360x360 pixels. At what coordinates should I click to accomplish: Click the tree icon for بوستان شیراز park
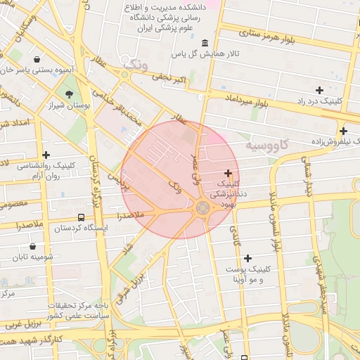pos(69,94)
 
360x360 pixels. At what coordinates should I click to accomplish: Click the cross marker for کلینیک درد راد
pos(319,89)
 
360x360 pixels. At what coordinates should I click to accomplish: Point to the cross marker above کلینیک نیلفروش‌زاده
pos(343,131)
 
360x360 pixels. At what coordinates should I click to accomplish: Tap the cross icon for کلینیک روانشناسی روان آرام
pos(46,155)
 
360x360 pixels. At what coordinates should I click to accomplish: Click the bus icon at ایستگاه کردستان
pos(82,217)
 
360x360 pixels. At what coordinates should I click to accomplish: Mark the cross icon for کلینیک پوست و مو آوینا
pos(247,258)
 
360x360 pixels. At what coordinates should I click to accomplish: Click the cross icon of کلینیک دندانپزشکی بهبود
pos(228,173)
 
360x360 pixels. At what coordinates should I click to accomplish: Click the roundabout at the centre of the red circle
pos(203,207)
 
